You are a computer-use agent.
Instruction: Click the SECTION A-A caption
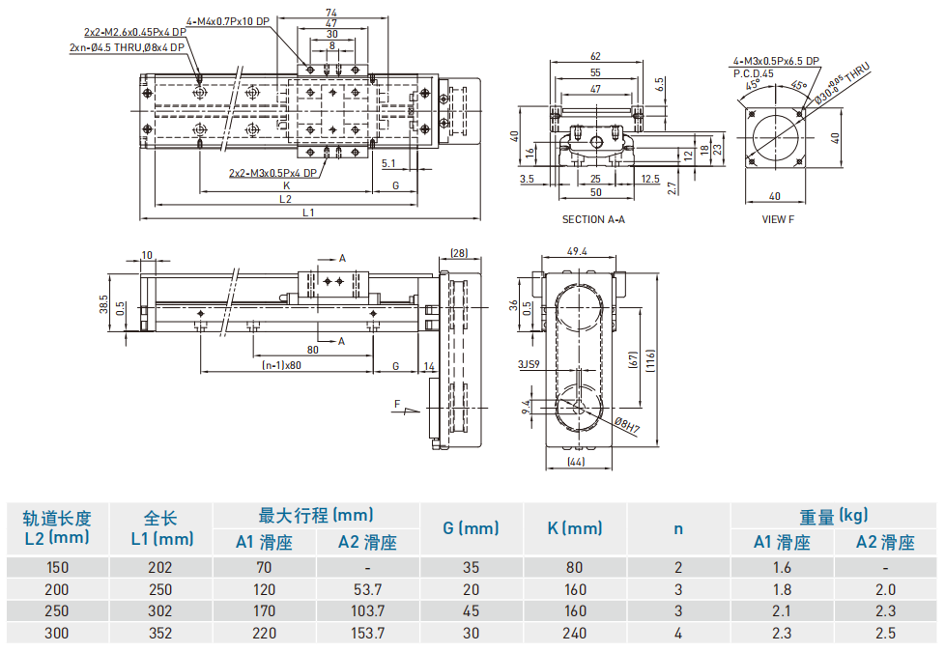click(593, 219)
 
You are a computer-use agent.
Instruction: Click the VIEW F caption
click(778, 219)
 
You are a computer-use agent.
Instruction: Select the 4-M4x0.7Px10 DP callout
click(227, 20)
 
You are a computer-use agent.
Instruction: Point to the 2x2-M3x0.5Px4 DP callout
click(273, 174)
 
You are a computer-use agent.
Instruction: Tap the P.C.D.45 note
click(754, 72)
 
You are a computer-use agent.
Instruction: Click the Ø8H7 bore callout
click(627, 425)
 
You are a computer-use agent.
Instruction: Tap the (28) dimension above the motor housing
click(458, 253)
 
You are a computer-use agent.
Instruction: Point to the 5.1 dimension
click(388, 162)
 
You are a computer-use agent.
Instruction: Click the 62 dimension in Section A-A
click(595, 56)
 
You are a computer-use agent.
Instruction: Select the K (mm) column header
click(574, 528)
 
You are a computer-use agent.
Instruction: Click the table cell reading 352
click(158, 634)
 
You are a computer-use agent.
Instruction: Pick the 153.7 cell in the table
click(367, 634)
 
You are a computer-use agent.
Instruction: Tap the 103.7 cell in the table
click(367, 611)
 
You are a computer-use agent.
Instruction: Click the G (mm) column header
click(471, 528)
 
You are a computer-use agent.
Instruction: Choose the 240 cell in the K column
click(574, 634)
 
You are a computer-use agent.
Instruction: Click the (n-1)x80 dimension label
click(281, 366)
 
